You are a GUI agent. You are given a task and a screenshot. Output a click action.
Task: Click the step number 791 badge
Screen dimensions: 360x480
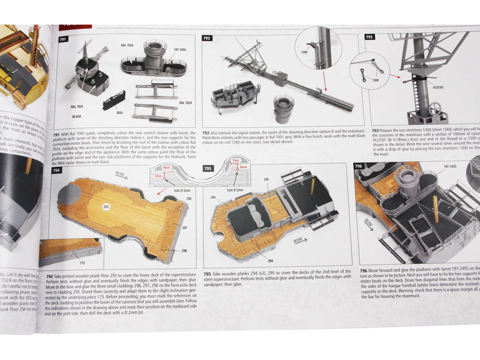(64, 39)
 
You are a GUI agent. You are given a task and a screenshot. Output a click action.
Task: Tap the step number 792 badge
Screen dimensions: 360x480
(207, 38)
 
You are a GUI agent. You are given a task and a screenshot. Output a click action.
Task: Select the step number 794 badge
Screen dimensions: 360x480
(56, 170)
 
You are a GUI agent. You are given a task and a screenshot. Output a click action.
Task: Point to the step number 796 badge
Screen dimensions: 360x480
(358, 166)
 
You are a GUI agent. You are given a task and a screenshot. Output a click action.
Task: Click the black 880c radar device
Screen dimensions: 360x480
(115, 100)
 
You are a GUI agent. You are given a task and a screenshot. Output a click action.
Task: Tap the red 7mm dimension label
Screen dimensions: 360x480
(235, 161)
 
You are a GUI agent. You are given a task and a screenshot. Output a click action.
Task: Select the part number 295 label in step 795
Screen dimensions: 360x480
(266, 179)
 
